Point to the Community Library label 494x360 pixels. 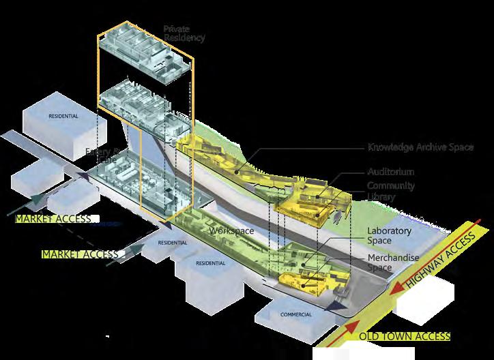(x=391, y=191)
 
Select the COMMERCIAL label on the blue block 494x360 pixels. (x=295, y=314)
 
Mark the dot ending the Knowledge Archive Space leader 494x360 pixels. (x=237, y=172)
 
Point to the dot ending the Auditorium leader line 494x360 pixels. (x=317, y=198)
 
